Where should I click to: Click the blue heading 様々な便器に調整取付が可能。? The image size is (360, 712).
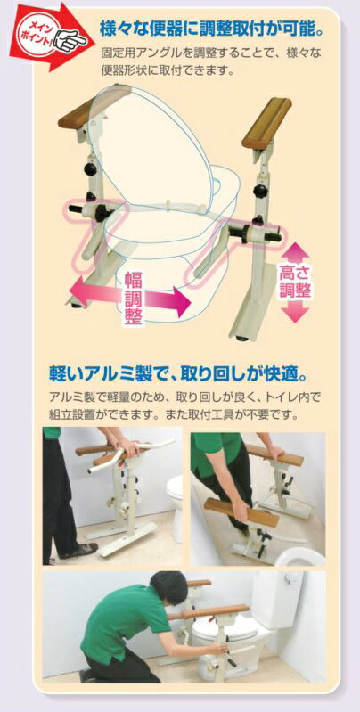click(x=211, y=29)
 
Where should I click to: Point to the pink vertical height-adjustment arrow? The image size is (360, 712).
click(x=298, y=282)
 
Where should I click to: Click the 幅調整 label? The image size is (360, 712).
click(x=134, y=299)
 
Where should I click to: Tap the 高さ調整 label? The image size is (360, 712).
click(x=295, y=282)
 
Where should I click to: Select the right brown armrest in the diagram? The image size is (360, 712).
click(x=267, y=123)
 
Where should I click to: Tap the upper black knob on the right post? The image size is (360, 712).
click(x=261, y=191)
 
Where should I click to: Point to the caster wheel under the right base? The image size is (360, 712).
click(x=243, y=338)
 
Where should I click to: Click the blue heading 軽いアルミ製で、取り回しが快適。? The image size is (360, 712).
click(x=179, y=375)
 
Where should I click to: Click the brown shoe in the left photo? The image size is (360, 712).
click(x=78, y=550)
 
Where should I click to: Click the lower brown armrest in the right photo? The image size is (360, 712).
click(x=241, y=512)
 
